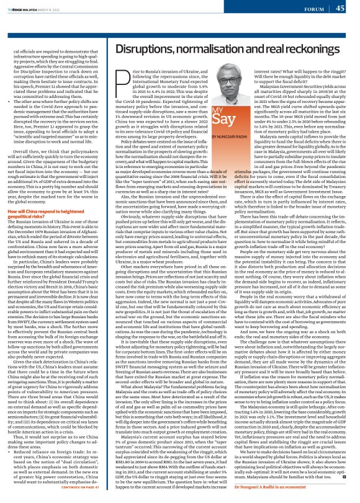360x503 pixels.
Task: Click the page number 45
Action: [340, 8]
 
